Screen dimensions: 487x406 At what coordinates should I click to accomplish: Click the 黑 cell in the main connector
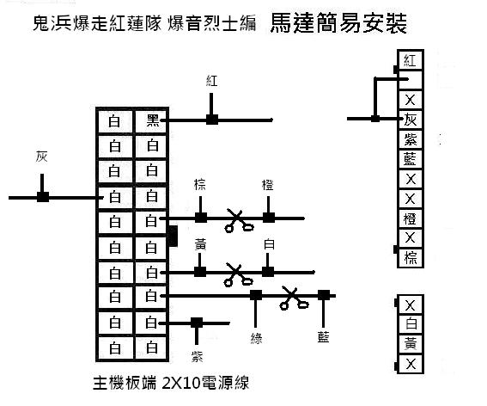[151, 120]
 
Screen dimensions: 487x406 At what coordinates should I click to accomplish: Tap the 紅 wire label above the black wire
[211, 81]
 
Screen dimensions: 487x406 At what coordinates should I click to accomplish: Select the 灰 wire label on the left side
[41, 157]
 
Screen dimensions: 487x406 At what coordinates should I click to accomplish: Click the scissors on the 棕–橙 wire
[239, 220]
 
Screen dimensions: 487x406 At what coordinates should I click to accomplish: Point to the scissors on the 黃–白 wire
[238, 274]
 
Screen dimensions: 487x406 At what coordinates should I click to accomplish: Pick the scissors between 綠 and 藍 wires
[294, 298]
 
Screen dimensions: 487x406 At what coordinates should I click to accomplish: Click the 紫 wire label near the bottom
[197, 356]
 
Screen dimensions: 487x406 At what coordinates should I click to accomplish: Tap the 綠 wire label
[256, 338]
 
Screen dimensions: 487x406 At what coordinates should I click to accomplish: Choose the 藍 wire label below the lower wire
[323, 337]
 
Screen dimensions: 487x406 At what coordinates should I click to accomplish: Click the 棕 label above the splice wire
[200, 184]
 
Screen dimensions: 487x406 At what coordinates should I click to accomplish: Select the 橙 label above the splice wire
[268, 185]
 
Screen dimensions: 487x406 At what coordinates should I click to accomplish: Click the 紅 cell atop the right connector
[410, 59]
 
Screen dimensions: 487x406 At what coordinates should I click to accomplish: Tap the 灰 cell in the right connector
[410, 120]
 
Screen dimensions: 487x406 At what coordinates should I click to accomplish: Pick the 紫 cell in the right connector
[410, 139]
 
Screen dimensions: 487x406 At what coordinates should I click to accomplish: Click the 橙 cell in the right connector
[410, 218]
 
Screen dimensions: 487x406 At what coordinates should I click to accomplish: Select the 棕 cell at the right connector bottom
[410, 258]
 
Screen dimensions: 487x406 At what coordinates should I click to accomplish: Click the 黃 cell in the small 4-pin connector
[411, 344]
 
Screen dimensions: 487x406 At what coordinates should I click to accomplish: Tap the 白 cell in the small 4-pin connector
[411, 324]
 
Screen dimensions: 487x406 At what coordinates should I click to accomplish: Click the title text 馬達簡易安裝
[338, 23]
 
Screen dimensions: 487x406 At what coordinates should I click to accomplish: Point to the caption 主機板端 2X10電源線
[171, 383]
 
